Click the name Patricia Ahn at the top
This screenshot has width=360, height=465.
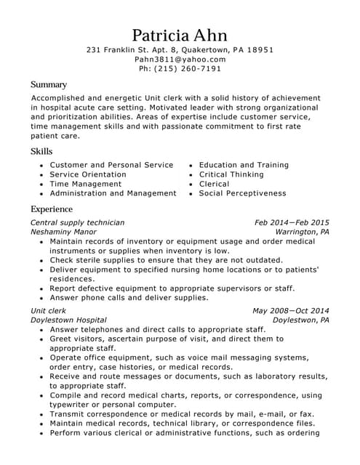180,35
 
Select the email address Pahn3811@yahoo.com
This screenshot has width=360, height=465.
180,60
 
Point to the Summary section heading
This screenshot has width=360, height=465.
49,84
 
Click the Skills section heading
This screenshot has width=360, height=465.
41,151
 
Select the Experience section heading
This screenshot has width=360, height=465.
52,209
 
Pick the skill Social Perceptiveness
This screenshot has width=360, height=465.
242,193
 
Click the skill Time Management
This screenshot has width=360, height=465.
85,184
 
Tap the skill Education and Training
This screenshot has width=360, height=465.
244,165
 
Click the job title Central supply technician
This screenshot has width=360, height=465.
77,222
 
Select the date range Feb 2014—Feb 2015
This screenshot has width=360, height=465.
292,222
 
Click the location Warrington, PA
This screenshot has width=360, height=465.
302,232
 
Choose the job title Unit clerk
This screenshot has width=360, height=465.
48,310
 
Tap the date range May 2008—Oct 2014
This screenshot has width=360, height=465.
291,310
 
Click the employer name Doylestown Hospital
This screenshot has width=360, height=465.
68,320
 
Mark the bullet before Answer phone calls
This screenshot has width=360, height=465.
42,298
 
